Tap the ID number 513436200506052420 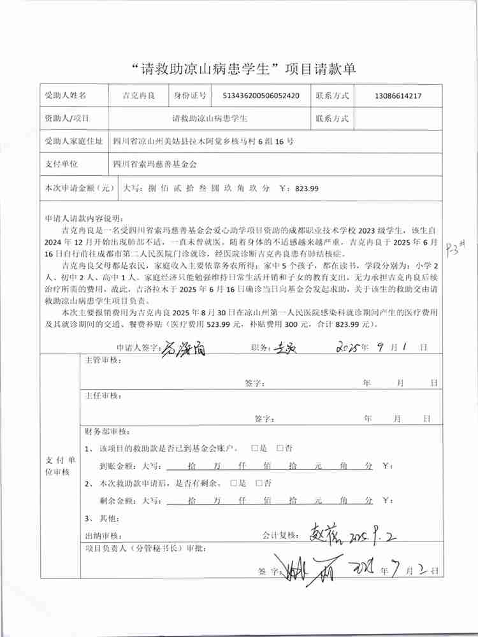click(x=261, y=96)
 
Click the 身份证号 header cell click(x=190, y=96)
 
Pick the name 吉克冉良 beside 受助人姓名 click(x=139, y=96)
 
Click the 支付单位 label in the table click(x=61, y=164)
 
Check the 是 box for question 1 click(x=255, y=448)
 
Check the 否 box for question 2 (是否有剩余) click(x=259, y=483)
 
